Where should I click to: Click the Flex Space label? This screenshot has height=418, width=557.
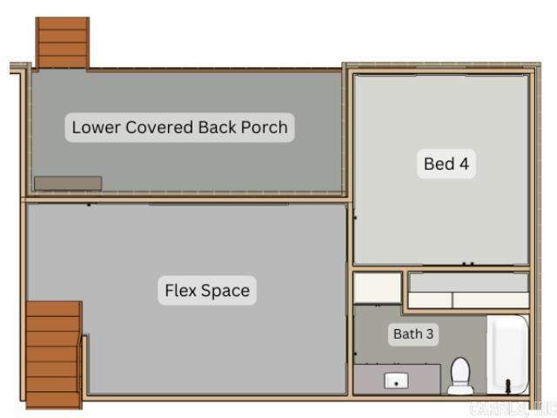coord(207,291)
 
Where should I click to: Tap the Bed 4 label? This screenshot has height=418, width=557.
coord(446,163)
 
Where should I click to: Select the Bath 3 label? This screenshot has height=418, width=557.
coord(413,334)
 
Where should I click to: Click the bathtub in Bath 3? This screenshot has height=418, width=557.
coord(507,353)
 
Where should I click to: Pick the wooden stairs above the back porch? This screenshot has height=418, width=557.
coord(62,42)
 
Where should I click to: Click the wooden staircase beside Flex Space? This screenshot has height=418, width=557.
coord(53,354)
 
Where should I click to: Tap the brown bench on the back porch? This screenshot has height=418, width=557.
coord(68,183)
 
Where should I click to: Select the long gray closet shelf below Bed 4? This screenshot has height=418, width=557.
coord(469,282)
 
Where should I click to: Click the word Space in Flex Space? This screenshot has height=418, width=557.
coord(227,291)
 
